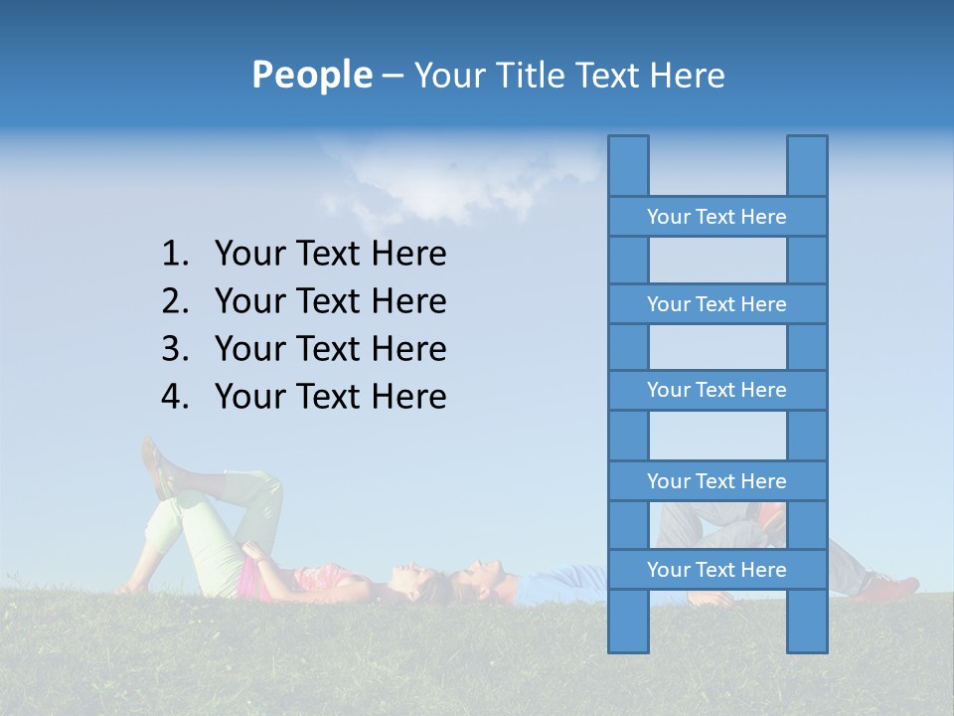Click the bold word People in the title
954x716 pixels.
(311, 75)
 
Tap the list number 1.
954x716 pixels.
(175, 255)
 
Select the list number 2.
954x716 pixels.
(175, 301)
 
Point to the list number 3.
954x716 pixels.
(175, 349)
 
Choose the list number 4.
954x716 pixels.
(175, 397)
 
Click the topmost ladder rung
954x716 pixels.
(716, 217)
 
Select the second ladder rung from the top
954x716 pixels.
(716, 304)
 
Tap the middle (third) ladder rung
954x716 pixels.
(716, 390)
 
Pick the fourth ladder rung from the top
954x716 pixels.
(716, 481)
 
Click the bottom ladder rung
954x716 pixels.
(716, 570)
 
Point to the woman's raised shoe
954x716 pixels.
(156, 467)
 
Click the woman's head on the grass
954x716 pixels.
(417, 582)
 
